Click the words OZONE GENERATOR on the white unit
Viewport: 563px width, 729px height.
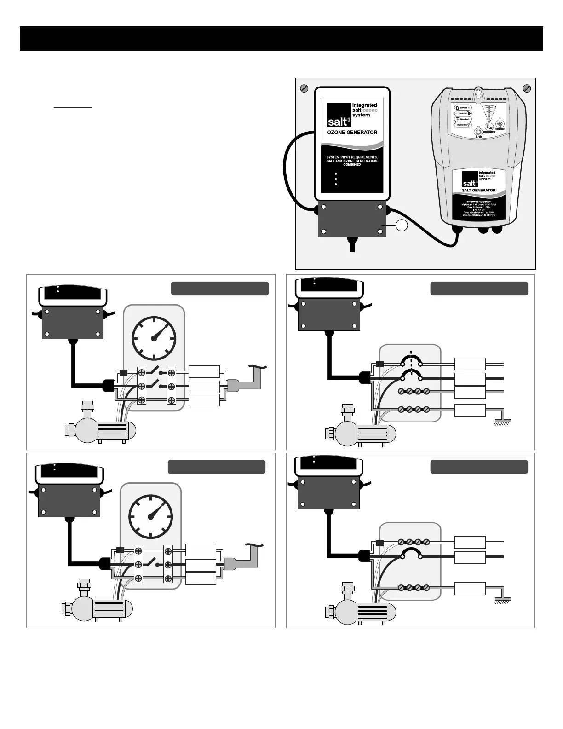(352, 132)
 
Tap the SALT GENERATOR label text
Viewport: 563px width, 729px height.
(478, 190)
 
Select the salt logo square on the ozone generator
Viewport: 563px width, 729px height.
(339, 115)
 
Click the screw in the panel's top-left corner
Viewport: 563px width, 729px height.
(304, 88)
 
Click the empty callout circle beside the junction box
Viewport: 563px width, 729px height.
(402, 226)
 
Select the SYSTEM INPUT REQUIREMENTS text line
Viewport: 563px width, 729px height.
(352, 157)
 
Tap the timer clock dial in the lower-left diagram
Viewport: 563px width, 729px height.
(151, 516)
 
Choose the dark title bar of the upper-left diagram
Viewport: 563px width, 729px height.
(220, 289)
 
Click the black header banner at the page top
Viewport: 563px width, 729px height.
(281, 38)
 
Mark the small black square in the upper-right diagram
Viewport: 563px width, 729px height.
(379, 364)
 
